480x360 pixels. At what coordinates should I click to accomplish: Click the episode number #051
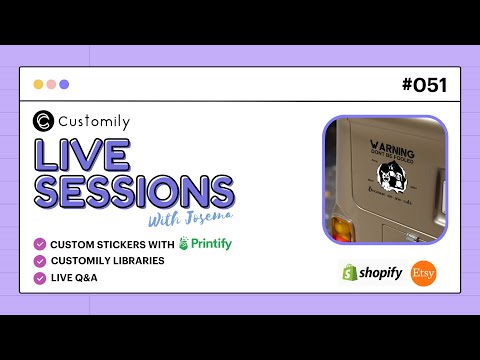[x=424, y=85]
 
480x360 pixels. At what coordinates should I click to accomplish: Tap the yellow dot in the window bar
[x=38, y=85]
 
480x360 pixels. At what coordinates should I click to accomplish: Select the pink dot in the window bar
[x=51, y=85]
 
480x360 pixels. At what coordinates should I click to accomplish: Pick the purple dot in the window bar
[x=64, y=85]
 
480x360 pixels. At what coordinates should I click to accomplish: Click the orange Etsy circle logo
[x=424, y=273]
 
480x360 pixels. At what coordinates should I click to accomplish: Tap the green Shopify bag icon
[x=349, y=272]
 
